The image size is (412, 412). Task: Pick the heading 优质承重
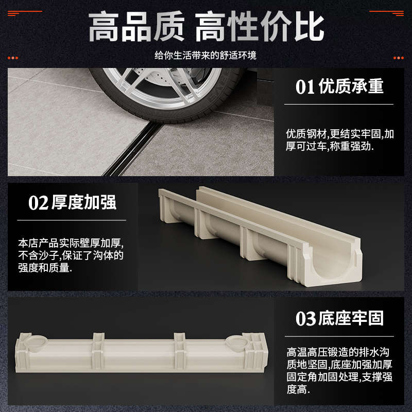pos(352,87)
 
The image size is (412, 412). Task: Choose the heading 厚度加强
pos(84,202)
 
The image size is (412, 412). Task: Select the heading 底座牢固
pos(352,318)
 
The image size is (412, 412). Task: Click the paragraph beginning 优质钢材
pos(340,140)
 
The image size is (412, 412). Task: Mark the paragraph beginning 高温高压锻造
pos(340,371)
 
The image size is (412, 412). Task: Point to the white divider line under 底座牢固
pos(340,336)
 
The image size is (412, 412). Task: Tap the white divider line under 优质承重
pos(340,105)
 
